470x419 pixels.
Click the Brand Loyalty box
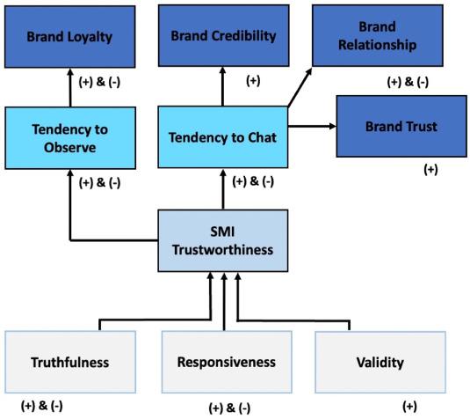69,38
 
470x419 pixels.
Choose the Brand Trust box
400,127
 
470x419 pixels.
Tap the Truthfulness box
70,361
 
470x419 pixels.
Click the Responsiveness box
226,361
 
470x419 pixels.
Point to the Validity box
380,361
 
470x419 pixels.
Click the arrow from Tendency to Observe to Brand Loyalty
69,88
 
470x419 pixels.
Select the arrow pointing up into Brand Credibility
224,88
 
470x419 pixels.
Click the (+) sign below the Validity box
409,406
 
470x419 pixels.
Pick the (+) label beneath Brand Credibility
253,81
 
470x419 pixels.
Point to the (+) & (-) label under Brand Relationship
408,82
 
